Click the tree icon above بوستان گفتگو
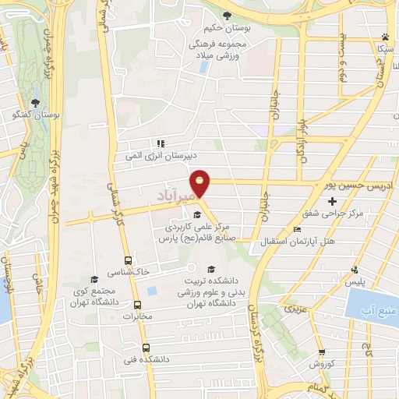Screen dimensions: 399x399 (34, 103)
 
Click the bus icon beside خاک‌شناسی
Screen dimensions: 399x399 (128, 261)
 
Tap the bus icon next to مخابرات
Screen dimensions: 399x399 (138, 305)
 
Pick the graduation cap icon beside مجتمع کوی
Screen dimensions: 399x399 (94, 279)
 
